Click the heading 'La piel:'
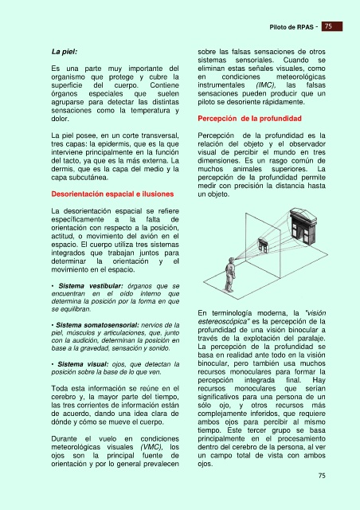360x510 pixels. click(x=65, y=52)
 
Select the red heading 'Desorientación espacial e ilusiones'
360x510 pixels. click(x=112, y=194)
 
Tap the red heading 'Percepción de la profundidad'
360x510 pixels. click(x=249, y=119)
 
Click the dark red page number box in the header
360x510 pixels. click(x=332, y=26)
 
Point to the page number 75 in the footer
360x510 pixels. click(x=322, y=476)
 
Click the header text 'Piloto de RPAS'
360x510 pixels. click(x=292, y=27)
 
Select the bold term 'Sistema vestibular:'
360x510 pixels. click(x=91, y=286)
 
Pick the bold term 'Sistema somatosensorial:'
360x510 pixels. click(x=97, y=325)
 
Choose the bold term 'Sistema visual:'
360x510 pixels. click(x=83, y=364)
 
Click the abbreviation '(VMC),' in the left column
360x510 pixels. click(x=151, y=447)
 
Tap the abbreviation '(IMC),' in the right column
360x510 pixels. click(x=266, y=85)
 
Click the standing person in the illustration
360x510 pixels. click(x=230, y=275)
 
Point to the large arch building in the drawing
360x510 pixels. click(x=303, y=226)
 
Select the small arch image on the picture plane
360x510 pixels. click(x=263, y=245)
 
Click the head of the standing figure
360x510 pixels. click(x=231, y=261)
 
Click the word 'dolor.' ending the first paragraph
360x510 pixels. click(x=61, y=119)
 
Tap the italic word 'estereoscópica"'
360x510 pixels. click(x=223, y=321)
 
